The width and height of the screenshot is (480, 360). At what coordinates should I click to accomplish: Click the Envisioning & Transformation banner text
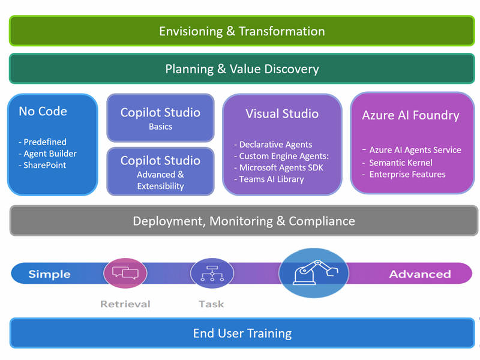click(x=242, y=31)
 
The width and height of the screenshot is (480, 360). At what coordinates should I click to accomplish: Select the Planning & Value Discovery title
click(x=242, y=69)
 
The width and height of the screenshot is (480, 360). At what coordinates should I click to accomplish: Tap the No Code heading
click(x=43, y=111)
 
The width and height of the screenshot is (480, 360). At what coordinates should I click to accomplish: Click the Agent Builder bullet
click(x=50, y=154)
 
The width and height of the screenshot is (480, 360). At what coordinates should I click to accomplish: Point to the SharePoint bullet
click(x=46, y=165)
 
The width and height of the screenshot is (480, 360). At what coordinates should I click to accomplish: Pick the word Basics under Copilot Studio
click(x=160, y=127)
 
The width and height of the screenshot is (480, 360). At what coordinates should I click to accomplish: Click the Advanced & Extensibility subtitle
click(x=160, y=180)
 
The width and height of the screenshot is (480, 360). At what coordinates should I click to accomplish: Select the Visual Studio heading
click(x=282, y=113)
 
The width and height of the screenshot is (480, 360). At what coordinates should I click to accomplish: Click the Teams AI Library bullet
click(x=272, y=179)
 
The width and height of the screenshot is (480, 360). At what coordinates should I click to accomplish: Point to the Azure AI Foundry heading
click(x=410, y=115)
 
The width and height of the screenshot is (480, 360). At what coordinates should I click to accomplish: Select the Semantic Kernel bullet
click(x=401, y=163)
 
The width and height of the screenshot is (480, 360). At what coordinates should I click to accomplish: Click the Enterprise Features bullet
click(x=407, y=174)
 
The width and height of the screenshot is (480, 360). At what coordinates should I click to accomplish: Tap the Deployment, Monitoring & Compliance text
click(x=244, y=221)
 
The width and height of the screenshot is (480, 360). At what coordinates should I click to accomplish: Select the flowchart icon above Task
click(x=212, y=273)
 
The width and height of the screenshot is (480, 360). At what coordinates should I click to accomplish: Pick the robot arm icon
click(x=314, y=273)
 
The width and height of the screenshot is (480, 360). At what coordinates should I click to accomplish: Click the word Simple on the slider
click(x=49, y=274)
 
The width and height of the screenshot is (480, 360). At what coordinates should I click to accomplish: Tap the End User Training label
click(x=242, y=333)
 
